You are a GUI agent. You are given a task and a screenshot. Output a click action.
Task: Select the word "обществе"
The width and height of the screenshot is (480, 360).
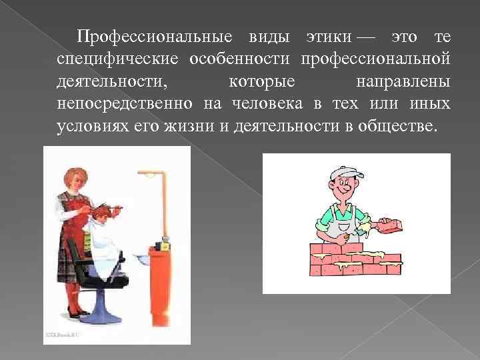tap(398, 125)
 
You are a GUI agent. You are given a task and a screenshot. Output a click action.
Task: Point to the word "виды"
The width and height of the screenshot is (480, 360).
tap(273, 37)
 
